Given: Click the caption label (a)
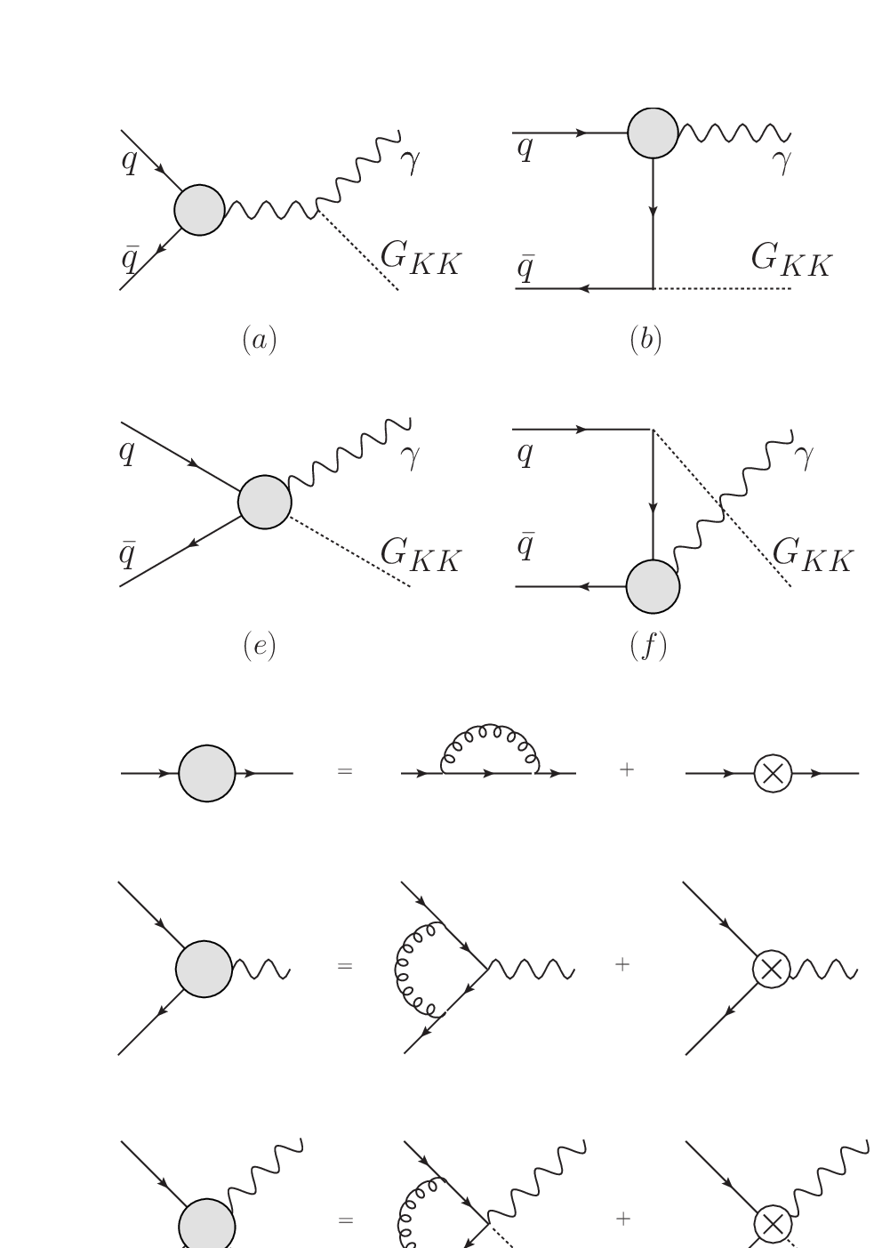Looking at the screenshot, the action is coord(260,340).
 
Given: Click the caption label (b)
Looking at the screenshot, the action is coord(645,339).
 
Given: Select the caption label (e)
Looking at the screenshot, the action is coord(260,647).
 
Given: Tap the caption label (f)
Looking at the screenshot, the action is coord(648,647).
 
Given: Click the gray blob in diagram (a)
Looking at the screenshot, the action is coord(199,210).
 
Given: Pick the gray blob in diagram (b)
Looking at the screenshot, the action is coord(653,133).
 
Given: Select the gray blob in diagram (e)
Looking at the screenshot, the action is coord(264,502).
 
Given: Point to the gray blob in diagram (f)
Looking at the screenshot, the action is coord(653,587).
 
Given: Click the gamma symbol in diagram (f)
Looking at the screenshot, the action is coord(805,455).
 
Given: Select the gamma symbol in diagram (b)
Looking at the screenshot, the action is coord(782,161).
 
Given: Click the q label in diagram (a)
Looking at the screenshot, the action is coord(129,162).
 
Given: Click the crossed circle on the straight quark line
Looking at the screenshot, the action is coord(773,773).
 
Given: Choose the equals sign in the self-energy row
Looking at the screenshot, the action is coord(345,771).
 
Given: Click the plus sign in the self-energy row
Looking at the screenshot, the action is coord(627,769).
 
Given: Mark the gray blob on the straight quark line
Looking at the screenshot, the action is coord(206,773).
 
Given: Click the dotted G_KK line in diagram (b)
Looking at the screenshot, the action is coord(722,288).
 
